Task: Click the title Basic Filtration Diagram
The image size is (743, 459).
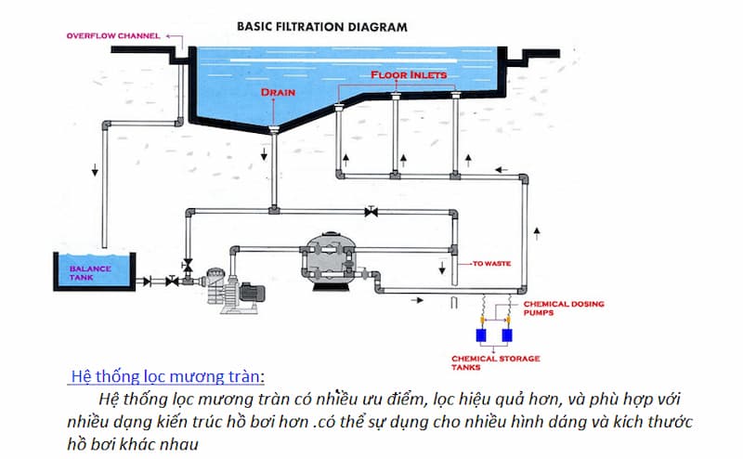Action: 322,26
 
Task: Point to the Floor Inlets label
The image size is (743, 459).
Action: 409,74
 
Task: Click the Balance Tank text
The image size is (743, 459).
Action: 90,272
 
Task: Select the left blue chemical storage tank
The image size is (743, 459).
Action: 481,334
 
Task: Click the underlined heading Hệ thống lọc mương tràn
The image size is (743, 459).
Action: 167,376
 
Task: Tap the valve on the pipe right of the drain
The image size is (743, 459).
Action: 371,213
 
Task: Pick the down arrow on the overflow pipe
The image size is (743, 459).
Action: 93,171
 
